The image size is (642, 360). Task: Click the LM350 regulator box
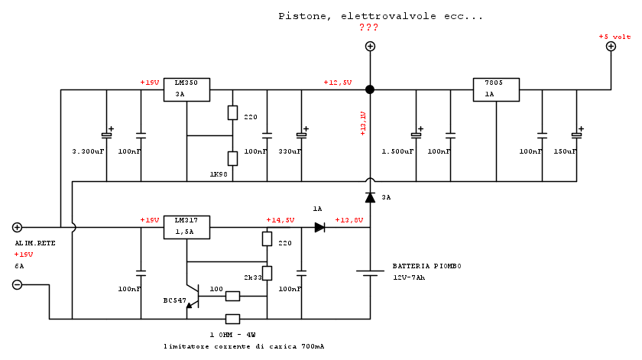[x=186, y=89]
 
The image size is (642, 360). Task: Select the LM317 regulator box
[x=186, y=227]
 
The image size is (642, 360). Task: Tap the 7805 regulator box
[x=496, y=89]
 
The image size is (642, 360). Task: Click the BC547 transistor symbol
[x=193, y=296]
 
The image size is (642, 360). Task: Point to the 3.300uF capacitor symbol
[x=106, y=135]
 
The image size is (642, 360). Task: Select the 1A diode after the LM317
[x=319, y=227]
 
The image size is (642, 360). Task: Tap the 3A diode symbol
[x=370, y=197]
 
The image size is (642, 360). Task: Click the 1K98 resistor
[x=232, y=158]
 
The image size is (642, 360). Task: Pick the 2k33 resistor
[x=267, y=273]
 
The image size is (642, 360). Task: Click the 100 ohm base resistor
[x=232, y=296]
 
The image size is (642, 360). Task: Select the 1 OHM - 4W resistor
[x=232, y=319]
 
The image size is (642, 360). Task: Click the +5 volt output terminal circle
[x=611, y=47]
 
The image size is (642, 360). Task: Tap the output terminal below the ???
[x=370, y=47]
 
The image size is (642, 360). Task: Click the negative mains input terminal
[x=17, y=285]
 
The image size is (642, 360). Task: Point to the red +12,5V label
[x=337, y=82]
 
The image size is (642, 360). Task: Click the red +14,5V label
[x=280, y=220]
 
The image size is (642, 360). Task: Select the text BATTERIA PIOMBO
[x=426, y=266]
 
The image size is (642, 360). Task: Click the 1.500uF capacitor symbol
[x=416, y=135]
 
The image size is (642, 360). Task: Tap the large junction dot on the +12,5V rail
[x=370, y=89]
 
